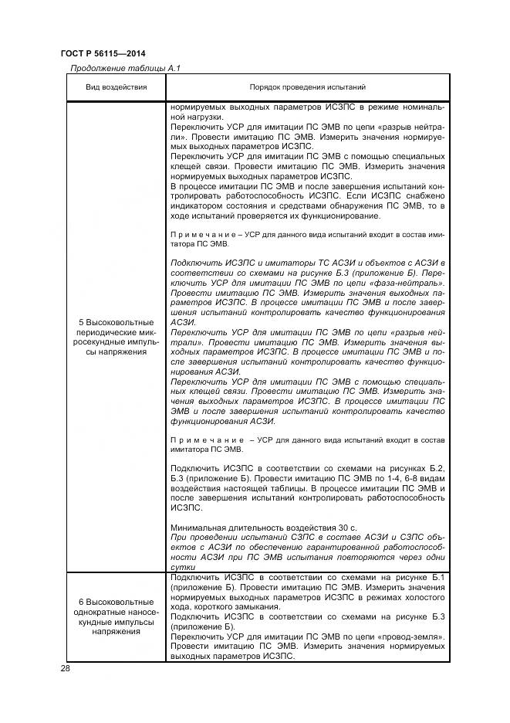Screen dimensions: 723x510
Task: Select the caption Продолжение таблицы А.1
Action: (x=124, y=68)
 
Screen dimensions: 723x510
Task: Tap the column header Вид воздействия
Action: (x=116, y=88)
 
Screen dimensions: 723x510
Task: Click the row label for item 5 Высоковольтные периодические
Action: (x=116, y=337)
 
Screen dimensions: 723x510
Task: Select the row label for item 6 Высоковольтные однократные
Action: (x=116, y=616)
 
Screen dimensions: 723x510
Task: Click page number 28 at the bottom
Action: (x=65, y=670)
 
